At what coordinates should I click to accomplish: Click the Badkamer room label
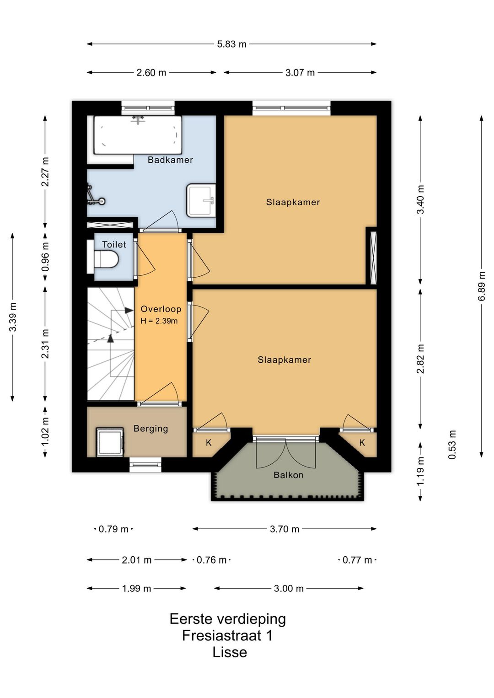170,160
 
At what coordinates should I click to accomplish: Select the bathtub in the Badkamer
138,135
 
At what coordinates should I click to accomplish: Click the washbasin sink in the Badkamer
201,200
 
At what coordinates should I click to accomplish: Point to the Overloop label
161,309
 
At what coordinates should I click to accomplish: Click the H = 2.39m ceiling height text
159,321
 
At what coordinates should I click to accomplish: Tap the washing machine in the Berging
110,442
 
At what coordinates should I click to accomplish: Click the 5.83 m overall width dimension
231,44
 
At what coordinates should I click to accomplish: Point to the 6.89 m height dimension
482,286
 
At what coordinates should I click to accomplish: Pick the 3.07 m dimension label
300,73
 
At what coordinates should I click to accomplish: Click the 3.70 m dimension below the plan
284,529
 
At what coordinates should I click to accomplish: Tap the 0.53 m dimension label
452,445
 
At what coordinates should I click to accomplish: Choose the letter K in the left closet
209,442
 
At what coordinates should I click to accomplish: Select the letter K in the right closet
362,442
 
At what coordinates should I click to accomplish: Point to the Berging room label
150,429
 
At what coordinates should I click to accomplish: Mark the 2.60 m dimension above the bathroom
151,73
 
